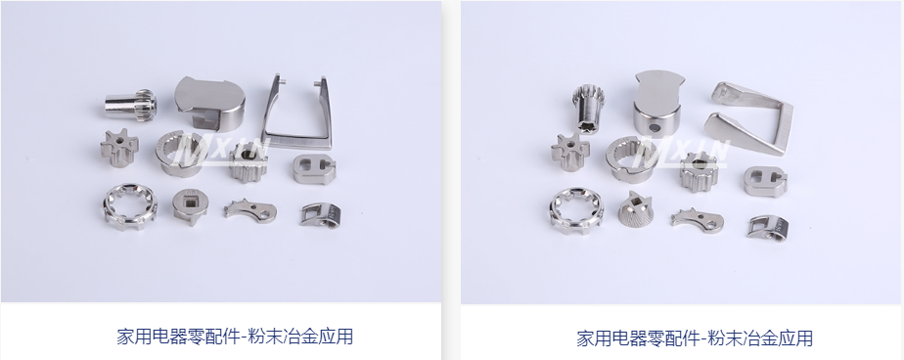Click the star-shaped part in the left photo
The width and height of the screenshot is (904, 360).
pyautogui.click(x=119, y=148)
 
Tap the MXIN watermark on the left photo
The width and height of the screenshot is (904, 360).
pyautogui.click(x=221, y=150)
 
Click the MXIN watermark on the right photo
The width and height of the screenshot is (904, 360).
pyautogui.click(x=680, y=153)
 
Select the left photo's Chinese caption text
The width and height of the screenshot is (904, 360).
pyautogui.click(x=235, y=337)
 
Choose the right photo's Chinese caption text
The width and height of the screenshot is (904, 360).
pyautogui.click(x=695, y=338)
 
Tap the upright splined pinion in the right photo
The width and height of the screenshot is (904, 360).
pyautogui.click(x=589, y=108)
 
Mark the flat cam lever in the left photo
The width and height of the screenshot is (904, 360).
pyautogui.click(x=250, y=209)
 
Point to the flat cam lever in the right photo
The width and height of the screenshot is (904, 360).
pyautogui.click(x=697, y=219)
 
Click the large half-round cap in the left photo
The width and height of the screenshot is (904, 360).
pyautogui.click(x=209, y=104)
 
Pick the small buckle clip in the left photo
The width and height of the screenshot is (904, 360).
pyautogui.click(x=320, y=214)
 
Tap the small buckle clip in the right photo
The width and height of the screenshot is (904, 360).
pyautogui.click(x=767, y=227)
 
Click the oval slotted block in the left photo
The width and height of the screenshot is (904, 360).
pyautogui.click(x=314, y=169)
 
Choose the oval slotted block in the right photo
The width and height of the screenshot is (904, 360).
pyautogui.click(x=765, y=182)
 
